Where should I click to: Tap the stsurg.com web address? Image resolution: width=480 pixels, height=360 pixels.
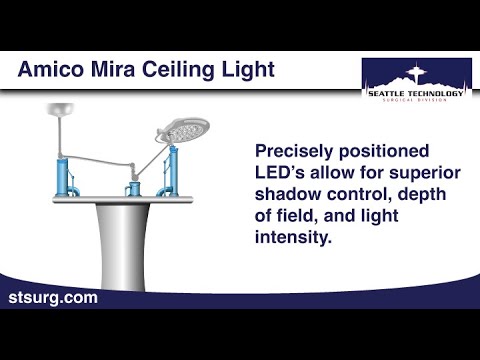coord(53,298)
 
